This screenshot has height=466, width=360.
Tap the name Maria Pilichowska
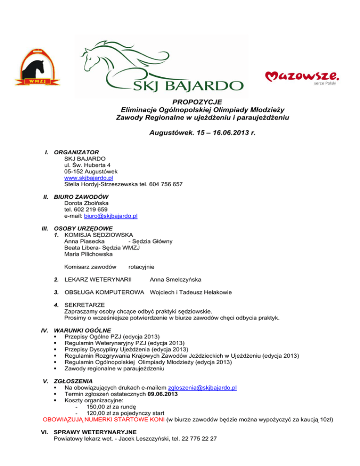coord(88,254)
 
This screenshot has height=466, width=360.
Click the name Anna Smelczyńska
coord(176,280)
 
